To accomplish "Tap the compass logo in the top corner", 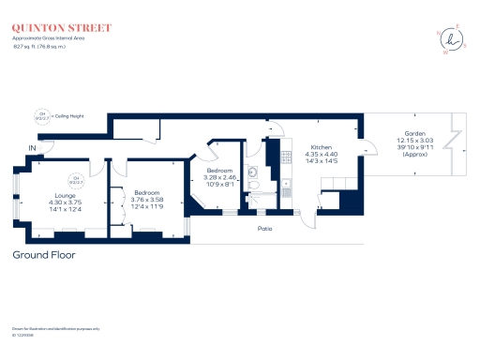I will click(x=455, y=38).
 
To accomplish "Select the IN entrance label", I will click(x=33, y=148).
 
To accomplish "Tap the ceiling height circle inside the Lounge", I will click(x=78, y=179).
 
